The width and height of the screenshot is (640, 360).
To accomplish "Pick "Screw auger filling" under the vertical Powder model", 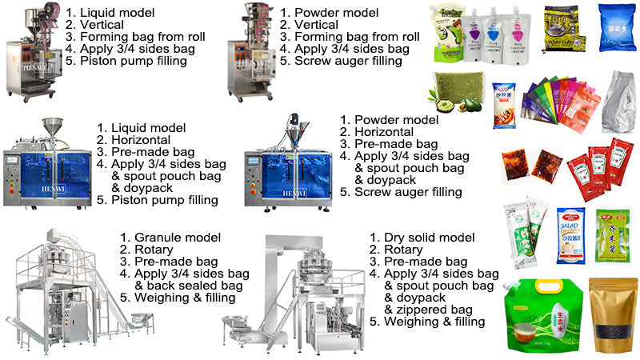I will pyautogui.click(x=348, y=61).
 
